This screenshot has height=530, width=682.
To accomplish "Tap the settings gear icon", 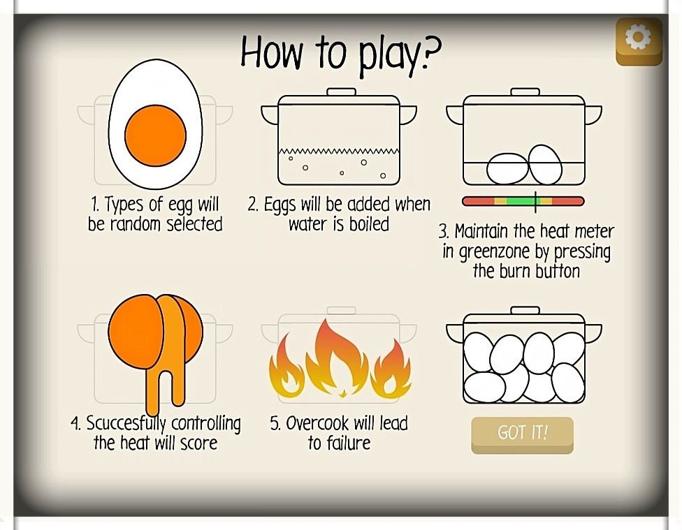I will [x=638, y=38].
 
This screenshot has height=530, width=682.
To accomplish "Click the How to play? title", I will [x=340, y=53].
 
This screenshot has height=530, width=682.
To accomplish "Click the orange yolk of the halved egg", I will [x=155, y=135].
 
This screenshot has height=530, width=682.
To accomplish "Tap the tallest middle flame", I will [x=339, y=356].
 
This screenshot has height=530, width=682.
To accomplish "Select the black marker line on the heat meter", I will [x=536, y=201].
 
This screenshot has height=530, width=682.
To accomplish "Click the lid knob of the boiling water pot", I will [x=341, y=91].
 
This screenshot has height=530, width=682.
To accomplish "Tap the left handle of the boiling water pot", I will [x=269, y=114].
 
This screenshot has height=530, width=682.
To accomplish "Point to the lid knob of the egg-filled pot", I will [x=524, y=309].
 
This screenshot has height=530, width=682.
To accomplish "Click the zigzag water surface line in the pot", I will [x=339, y=152].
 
